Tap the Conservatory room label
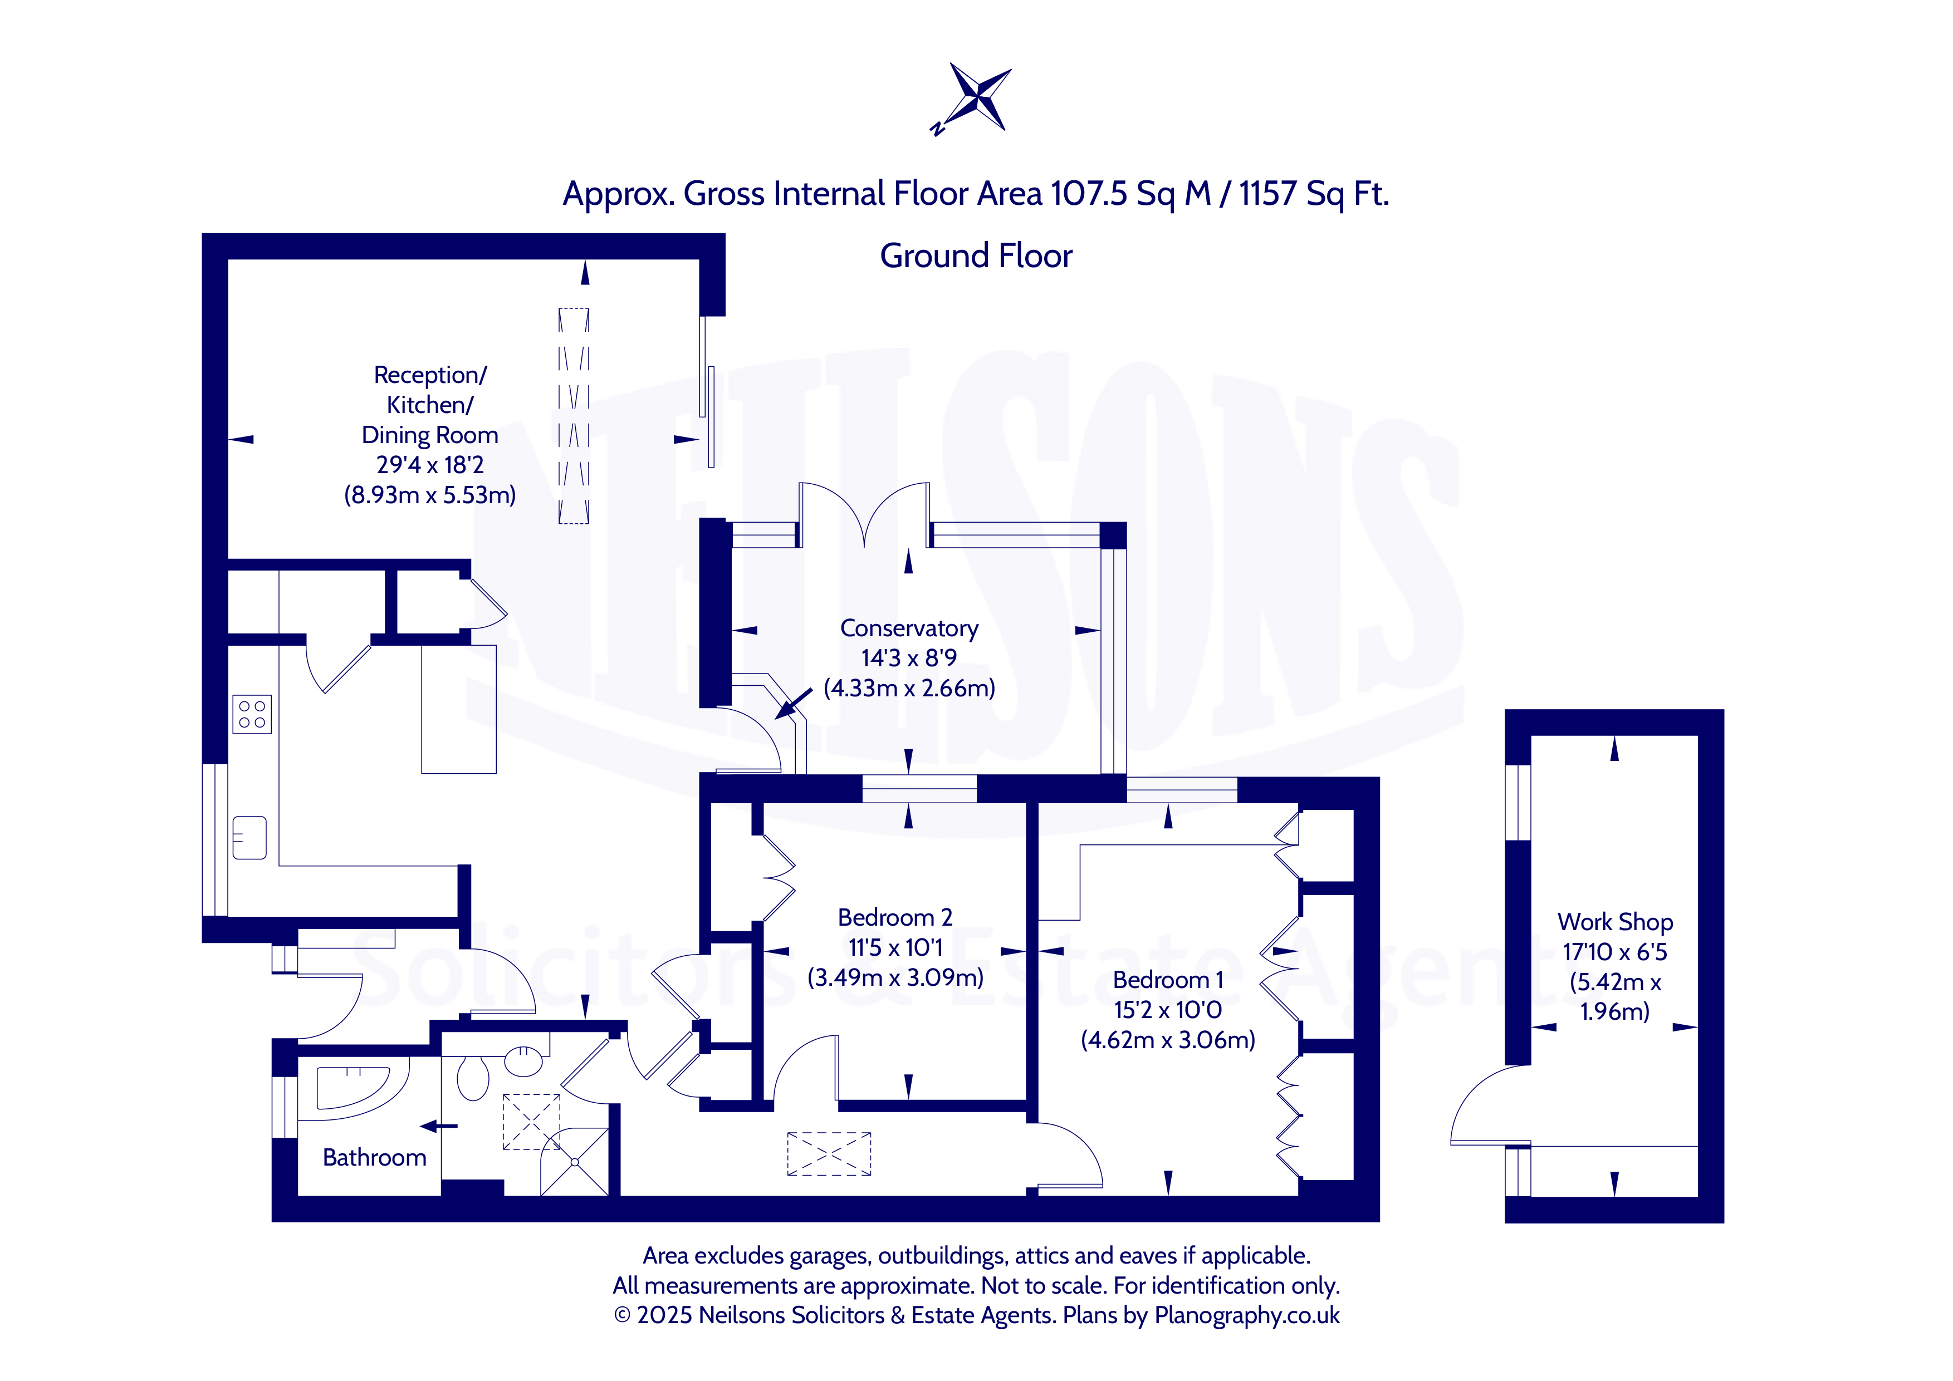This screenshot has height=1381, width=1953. point(909,628)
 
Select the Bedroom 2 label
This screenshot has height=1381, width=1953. point(895,917)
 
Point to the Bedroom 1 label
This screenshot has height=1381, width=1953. point(1168,980)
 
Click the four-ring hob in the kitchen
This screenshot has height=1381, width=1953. point(252,714)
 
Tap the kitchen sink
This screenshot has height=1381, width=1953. point(249,838)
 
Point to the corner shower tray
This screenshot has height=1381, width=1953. point(575,1162)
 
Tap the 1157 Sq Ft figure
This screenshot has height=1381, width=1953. point(1313,194)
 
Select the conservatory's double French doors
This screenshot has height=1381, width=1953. point(864,514)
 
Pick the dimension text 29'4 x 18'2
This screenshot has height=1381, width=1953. point(430,465)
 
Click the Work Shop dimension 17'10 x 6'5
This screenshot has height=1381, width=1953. point(1614,952)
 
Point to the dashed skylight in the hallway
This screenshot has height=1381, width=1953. point(829,1154)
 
